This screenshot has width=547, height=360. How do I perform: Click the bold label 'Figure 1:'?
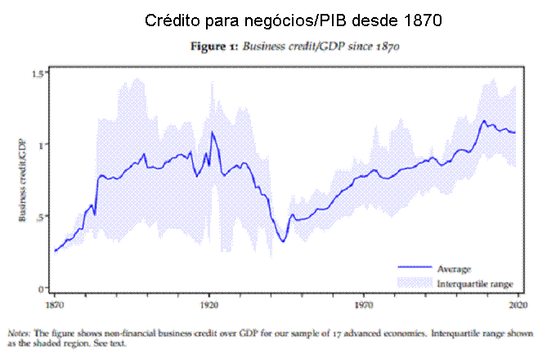point(215,47)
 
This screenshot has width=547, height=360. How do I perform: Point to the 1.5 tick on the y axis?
point(38,74)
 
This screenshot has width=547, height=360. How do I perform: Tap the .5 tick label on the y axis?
point(40,216)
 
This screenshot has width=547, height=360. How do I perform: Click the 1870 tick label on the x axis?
point(55,303)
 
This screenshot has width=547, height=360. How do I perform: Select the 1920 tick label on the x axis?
point(209,303)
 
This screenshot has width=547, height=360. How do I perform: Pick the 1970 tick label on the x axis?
point(364,303)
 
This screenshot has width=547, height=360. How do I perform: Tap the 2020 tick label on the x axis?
point(518,303)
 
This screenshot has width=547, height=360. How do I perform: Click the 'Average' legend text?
point(453,268)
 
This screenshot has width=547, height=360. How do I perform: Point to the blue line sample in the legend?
point(415,268)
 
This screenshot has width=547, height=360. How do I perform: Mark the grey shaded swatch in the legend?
point(415,282)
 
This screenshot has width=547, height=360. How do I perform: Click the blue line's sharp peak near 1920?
point(213,132)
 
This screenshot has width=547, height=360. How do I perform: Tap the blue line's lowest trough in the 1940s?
point(283,241)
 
